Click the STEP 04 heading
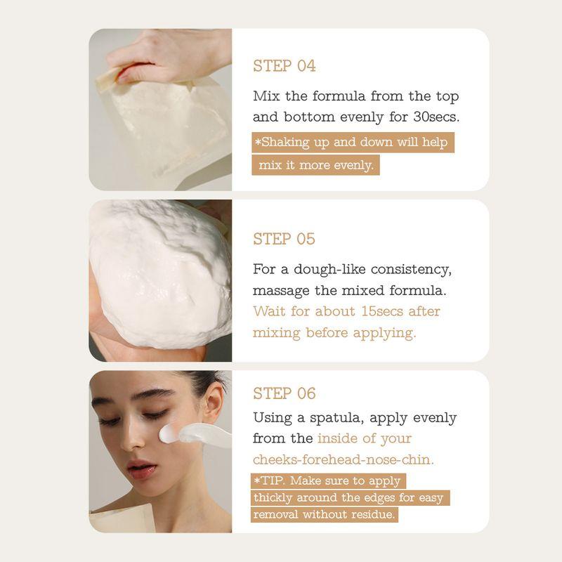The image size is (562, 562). click(x=285, y=66)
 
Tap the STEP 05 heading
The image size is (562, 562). click(x=285, y=239)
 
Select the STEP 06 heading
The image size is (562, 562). click(x=285, y=393)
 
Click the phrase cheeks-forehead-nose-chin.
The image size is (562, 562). click(x=344, y=459)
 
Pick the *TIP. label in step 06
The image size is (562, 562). click(x=270, y=481)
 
